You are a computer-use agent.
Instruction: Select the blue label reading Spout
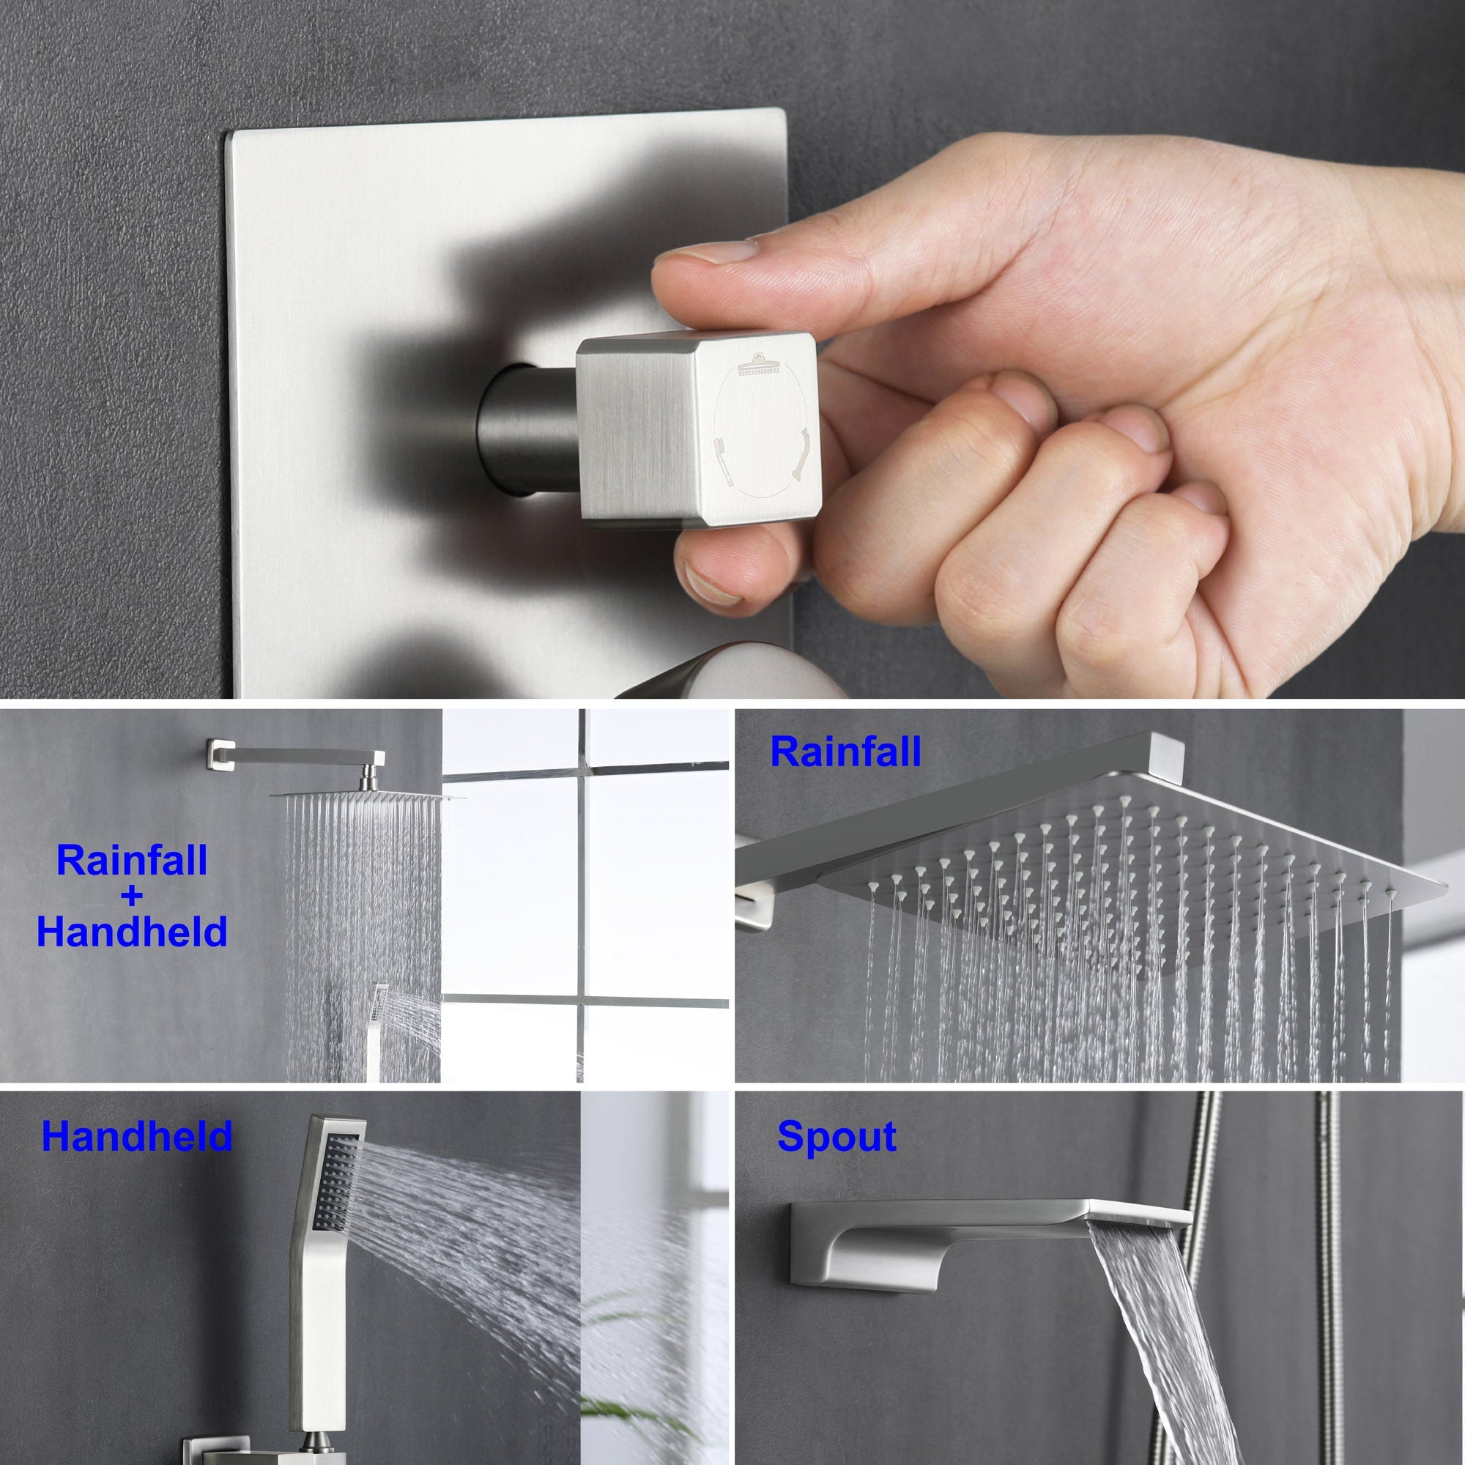pyautogui.click(x=837, y=1138)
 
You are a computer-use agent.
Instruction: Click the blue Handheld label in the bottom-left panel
pyautogui.click(x=136, y=1137)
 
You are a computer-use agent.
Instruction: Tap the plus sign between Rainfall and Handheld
pyautogui.click(x=131, y=897)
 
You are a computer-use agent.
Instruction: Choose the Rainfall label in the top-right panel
pyautogui.click(x=845, y=752)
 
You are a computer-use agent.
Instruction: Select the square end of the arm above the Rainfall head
pyautogui.click(x=1166, y=754)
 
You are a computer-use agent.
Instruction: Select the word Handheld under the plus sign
pyautogui.click(x=132, y=932)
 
